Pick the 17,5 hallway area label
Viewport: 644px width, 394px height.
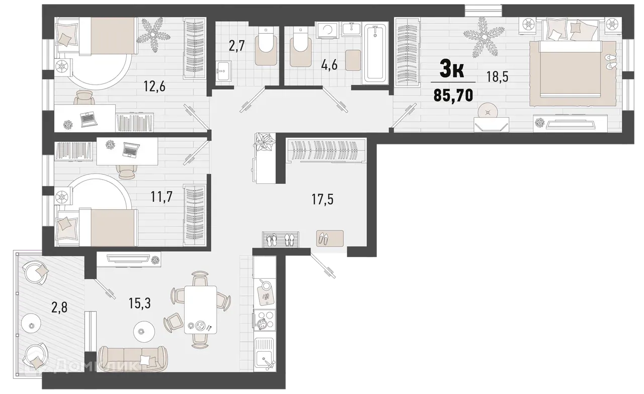[323, 200]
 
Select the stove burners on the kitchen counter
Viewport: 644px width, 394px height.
[264, 320]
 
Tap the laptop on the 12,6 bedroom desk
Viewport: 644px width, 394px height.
[89, 119]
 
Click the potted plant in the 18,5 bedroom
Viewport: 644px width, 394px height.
[481, 35]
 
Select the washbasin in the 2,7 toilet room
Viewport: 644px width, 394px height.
[223, 71]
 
